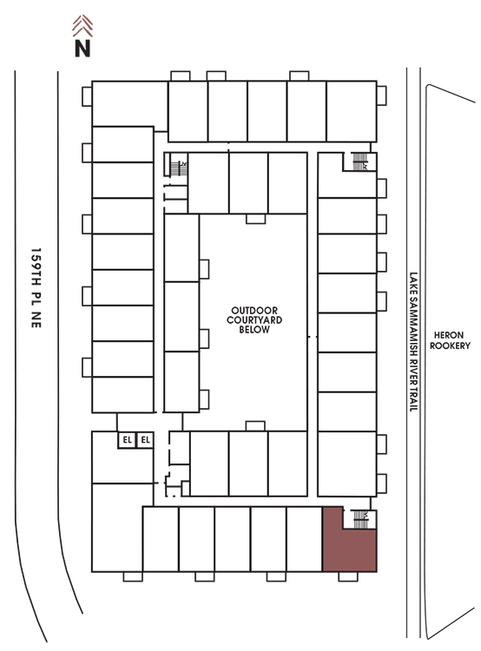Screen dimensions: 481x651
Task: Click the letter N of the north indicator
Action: [x=82, y=48]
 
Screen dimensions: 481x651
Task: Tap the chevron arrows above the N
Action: [x=82, y=25]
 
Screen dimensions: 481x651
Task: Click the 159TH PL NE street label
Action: [x=36, y=288]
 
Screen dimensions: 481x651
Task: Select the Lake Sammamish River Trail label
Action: [x=413, y=342]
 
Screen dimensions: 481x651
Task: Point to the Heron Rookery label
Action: [x=450, y=340]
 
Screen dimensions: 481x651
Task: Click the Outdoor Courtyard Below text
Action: [x=254, y=319]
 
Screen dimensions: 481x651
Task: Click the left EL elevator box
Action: [x=127, y=440]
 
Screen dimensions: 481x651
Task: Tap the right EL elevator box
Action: [x=145, y=440]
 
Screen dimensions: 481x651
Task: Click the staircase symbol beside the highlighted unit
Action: [x=360, y=519]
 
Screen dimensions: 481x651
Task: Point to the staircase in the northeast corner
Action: [x=360, y=161]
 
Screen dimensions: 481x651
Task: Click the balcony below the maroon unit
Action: [x=348, y=576]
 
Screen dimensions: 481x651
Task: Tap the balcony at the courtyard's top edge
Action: [x=255, y=219]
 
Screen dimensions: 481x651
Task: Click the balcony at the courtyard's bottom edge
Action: [x=255, y=426]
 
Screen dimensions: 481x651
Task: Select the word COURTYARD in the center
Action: [x=254, y=319]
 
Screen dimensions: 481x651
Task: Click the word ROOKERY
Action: [x=450, y=345]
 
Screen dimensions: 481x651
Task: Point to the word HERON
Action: [x=449, y=335]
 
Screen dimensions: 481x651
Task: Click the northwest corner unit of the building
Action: [x=129, y=104]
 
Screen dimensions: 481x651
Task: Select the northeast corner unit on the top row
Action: [x=352, y=111]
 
